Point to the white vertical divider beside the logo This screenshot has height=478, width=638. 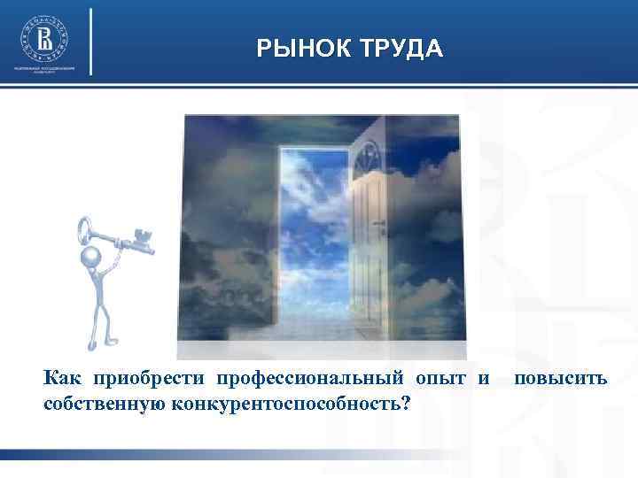click(90, 42)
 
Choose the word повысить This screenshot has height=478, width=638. click(560, 379)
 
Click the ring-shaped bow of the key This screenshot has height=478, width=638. click(85, 228)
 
